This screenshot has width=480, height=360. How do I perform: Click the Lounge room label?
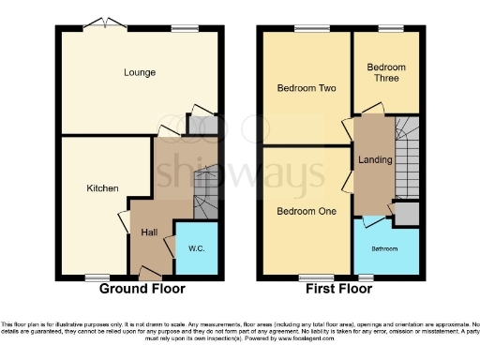139,72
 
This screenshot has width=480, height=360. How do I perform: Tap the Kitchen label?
102,188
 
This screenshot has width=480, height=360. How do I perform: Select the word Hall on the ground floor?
149,232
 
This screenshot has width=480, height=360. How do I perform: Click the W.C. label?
196,248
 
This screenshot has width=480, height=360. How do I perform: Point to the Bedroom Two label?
306,88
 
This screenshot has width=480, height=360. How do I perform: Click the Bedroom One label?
306,211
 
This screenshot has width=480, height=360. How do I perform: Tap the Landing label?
368,159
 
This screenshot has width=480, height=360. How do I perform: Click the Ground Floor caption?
142,290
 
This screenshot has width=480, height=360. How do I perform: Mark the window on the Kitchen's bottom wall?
95,277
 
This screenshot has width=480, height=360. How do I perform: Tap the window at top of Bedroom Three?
385,30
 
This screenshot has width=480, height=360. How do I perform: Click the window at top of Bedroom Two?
307,30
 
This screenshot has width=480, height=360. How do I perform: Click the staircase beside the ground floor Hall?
204,192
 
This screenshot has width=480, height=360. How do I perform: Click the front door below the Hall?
148,273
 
